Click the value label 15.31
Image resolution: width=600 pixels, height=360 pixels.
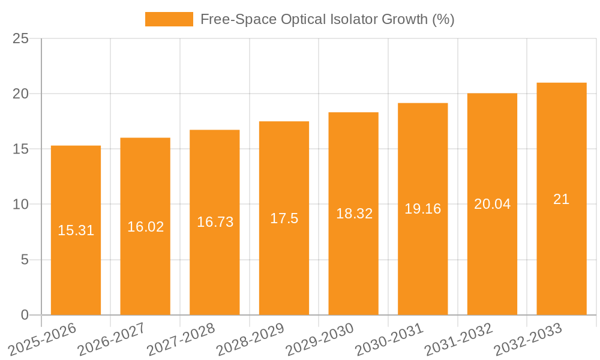[76, 230]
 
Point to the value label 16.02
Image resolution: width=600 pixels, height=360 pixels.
[145, 227]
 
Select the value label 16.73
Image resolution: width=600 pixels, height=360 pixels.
[215, 222]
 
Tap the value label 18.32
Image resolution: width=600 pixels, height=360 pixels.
[353, 214]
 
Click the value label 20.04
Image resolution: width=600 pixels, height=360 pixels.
[492, 204]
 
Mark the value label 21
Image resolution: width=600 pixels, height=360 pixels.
[561, 199]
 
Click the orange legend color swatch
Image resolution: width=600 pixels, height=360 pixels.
[169, 19]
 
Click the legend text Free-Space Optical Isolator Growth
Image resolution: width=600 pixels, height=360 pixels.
[327, 19]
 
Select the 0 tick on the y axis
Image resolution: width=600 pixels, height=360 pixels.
[25, 315]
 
